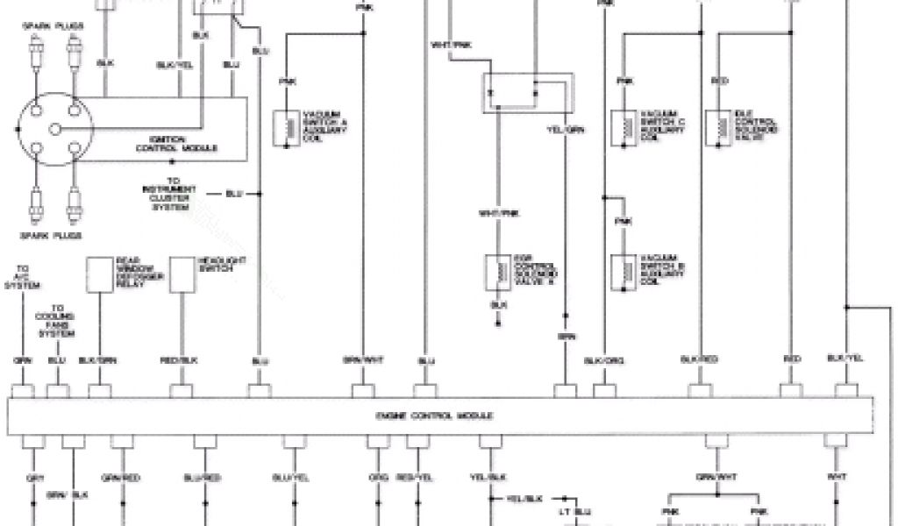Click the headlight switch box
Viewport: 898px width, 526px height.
182,275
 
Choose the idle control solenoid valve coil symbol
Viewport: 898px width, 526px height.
722,128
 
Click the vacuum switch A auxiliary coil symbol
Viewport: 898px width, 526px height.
285,128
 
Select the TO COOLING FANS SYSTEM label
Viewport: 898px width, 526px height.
61,321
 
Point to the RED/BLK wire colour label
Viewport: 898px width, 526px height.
182,360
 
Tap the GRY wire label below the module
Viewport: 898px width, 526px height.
36,478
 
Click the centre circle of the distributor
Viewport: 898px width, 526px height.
54,129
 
